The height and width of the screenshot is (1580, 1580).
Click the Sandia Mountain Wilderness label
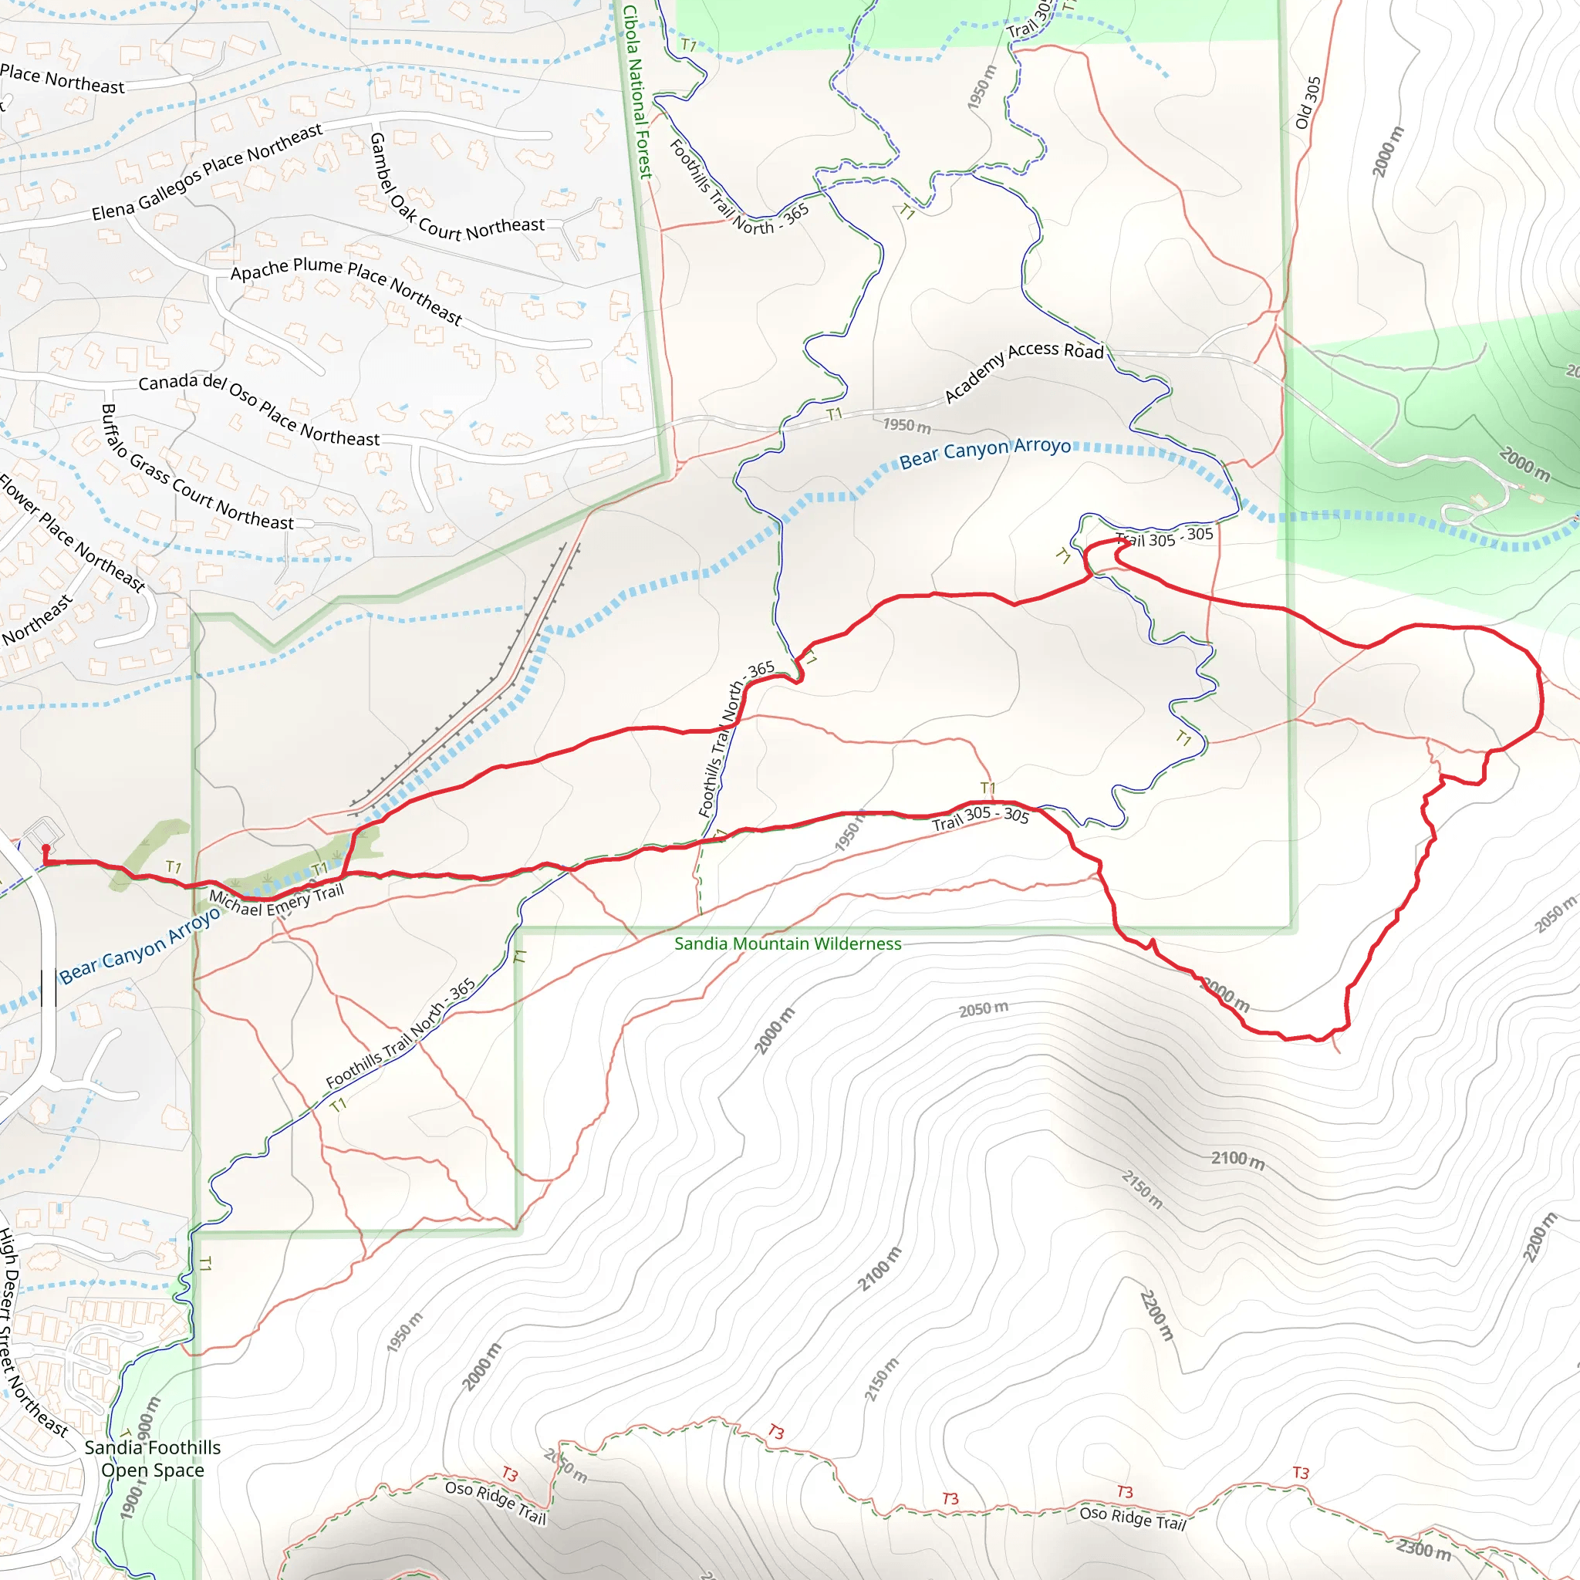(787, 944)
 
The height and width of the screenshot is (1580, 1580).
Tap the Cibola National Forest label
(637, 91)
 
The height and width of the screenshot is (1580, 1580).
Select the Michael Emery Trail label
(276, 900)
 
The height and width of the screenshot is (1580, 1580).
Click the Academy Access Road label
(1023, 370)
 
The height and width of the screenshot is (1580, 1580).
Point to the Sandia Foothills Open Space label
(153, 1459)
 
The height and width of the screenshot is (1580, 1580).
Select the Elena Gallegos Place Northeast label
(207, 172)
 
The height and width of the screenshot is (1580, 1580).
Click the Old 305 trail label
(1308, 103)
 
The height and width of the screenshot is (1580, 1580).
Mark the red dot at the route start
(46, 848)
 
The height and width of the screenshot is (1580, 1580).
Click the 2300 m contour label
(1423, 1548)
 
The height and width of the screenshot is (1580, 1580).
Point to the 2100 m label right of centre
(1237, 1159)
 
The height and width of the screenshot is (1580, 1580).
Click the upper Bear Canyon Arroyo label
(984, 451)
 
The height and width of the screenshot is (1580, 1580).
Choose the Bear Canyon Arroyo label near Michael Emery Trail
(140, 945)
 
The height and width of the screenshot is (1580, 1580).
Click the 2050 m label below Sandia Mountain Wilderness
(983, 1009)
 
